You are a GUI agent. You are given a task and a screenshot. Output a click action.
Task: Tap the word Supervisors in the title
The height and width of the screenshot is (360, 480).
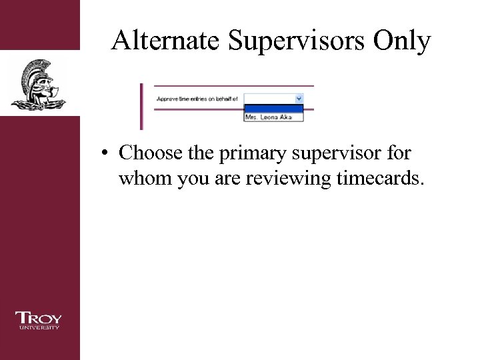(x=295, y=41)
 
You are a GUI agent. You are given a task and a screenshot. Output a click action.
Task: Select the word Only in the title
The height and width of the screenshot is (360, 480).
(x=402, y=41)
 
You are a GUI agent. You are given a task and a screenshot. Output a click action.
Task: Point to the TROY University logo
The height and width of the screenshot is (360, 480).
(x=39, y=320)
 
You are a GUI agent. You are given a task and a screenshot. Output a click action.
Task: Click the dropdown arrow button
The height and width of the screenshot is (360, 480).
(x=299, y=98)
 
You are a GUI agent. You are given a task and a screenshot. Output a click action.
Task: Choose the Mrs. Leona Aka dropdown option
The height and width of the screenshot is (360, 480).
(x=274, y=117)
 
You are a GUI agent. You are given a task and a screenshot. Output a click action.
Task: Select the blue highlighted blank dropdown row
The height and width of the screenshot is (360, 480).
(x=274, y=108)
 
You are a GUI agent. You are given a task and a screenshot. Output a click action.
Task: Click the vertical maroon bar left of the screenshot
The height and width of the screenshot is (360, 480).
(x=141, y=107)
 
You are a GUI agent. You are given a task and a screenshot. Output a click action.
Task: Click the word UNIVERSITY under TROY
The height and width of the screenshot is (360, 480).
(x=39, y=327)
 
